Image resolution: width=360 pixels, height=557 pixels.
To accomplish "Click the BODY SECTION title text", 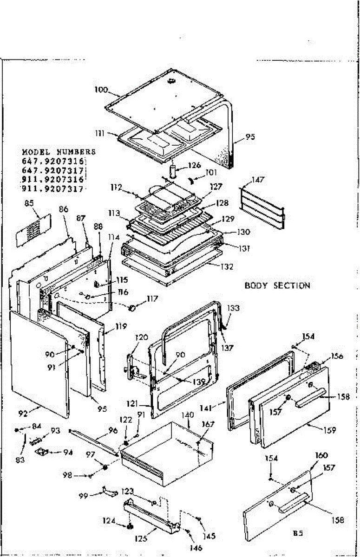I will pos(277,285).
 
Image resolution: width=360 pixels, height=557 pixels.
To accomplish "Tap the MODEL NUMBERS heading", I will pos(59,152).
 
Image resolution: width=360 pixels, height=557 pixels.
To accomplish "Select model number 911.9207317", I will pos(52,189).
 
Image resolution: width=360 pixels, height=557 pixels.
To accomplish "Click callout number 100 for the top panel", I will pos(102,89).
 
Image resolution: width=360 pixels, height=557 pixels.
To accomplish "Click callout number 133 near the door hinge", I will pos(234,307).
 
